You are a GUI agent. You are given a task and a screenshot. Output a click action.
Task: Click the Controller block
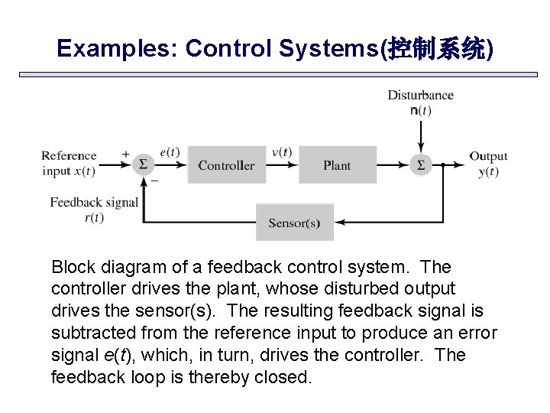226,165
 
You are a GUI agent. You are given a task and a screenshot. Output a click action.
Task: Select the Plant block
337,165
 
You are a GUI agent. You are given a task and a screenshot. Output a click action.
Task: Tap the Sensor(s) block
294,223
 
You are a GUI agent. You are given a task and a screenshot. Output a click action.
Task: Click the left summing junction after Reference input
143,164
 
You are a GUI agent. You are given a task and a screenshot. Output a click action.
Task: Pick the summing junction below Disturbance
420,164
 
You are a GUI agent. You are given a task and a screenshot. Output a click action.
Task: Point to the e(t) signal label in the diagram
170,151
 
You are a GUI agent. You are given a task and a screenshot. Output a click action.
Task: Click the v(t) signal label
281,151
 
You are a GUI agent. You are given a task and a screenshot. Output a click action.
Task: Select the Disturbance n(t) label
420,102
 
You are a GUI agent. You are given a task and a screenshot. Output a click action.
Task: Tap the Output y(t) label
488,164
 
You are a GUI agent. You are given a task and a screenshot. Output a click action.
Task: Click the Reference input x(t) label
69,163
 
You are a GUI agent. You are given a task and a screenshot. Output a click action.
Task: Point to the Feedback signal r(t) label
93,210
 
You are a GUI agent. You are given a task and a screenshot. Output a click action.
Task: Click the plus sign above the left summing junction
125,154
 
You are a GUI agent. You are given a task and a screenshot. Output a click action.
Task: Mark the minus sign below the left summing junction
155,180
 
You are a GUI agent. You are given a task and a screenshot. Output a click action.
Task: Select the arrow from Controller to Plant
282,164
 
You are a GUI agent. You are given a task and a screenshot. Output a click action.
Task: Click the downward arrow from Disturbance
420,136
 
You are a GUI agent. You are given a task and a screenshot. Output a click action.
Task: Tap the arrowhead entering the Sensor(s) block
340,223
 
